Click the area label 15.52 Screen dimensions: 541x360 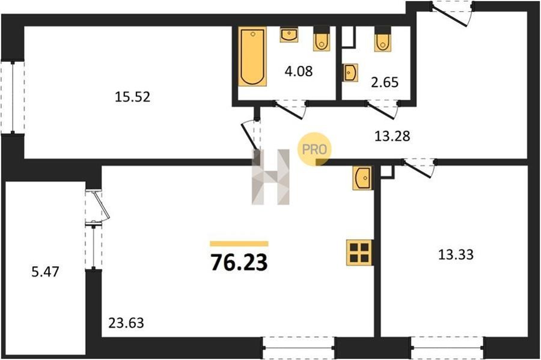[132, 97]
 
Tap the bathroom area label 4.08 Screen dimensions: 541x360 [298, 71]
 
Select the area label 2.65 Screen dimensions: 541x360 [385, 82]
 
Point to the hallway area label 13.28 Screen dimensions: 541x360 [393, 136]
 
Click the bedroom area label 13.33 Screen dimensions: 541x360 [456, 255]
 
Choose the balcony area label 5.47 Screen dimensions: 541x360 [45, 272]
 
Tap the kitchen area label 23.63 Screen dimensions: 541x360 [126, 323]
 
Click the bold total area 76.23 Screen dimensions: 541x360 [239, 263]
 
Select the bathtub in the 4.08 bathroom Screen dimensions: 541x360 [252, 56]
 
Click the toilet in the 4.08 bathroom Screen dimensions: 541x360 [322, 39]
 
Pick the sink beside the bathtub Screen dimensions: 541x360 [289, 35]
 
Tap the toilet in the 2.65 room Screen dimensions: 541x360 [383, 39]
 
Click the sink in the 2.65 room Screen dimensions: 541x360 [350, 73]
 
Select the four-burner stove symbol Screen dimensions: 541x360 [359, 253]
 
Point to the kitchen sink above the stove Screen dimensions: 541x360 [362, 177]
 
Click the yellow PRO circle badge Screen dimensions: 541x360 [314, 149]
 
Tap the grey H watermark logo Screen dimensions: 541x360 [270, 177]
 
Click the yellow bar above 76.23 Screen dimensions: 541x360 [239, 244]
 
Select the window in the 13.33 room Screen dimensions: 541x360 [447, 347]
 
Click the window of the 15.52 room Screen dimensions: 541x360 [13, 97]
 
